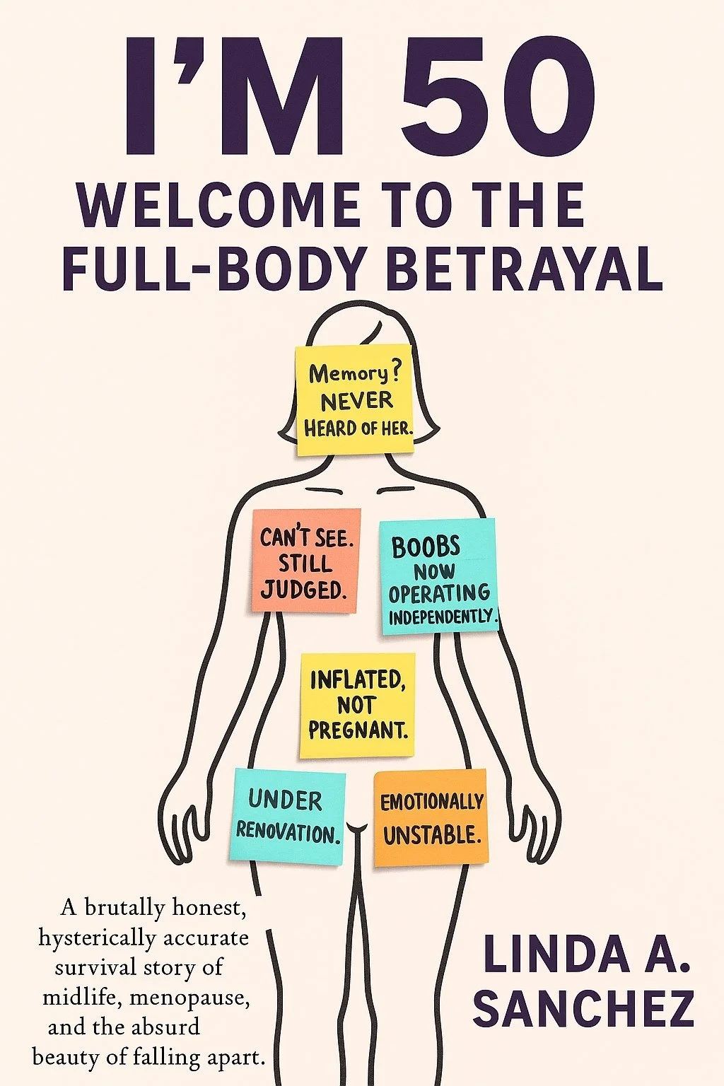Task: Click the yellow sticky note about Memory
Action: coord(355,400)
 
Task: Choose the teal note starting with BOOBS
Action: coord(438,576)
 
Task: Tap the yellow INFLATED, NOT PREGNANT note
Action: coord(357,705)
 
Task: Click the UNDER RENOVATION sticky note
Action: coord(288,817)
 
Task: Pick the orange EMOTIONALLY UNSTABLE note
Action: coord(431,818)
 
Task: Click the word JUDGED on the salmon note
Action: coord(304,589)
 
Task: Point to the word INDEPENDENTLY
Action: coord(442,617)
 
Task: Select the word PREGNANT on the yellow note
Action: coord(358,730)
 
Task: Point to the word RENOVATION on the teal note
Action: coord(288,832)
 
